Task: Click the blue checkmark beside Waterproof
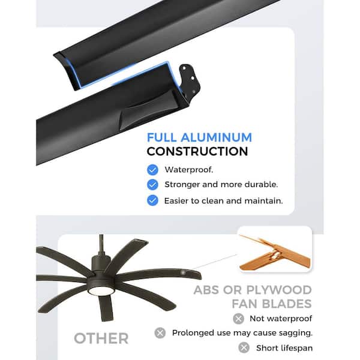pyautogui.click(x=152, y=170)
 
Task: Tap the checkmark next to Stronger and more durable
pyautogui.click(x=152, y=185)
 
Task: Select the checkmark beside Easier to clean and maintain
pyautogui.click(x=152, y=200)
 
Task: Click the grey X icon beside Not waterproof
pyautogui.click(x=239, y=319)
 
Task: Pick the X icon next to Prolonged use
pyautogui.click(x=160, y=333)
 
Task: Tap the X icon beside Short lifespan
pyautogui.click(x=244, y=347)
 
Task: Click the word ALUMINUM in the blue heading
pyautogui.click(x=216, y=137)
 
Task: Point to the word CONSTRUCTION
pyautogui.click(x=197, y=152)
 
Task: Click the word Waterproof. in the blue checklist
pyautogui.click(x=189, y=170)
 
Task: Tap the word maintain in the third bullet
pyautogui.click(x=263, y=201)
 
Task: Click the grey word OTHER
pyautogui.click(x=101, y=338)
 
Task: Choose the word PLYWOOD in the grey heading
pyautogui.click(x=279, y=290)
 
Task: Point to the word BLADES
pyautogui.click(x=287, y=304)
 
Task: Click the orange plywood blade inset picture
pyautogui.click(x=275, y=250)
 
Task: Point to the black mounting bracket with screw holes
pyautogui.click(x=190, y=79)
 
